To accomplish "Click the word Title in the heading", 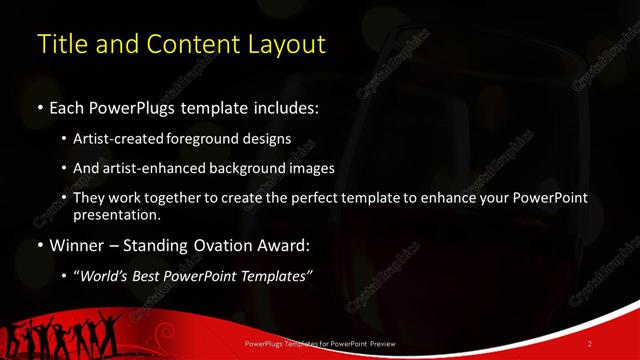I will pyautogui.click(x=59, y=45).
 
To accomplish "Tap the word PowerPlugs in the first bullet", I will pyautogui.click(x=131, y=107).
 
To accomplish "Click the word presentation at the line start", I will pyautogui.click(x=116, y=214).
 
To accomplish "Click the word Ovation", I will pyautogui.click(x=236, y=245).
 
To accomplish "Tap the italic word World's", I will pyautogui.click(x=107, y=276).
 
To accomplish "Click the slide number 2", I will pyautogui.click(x=590, y=344).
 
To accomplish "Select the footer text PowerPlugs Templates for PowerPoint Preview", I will pyautogui.click(x=321, y=344).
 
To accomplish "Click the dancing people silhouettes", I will pyautogui.click(x=60, y=335).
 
